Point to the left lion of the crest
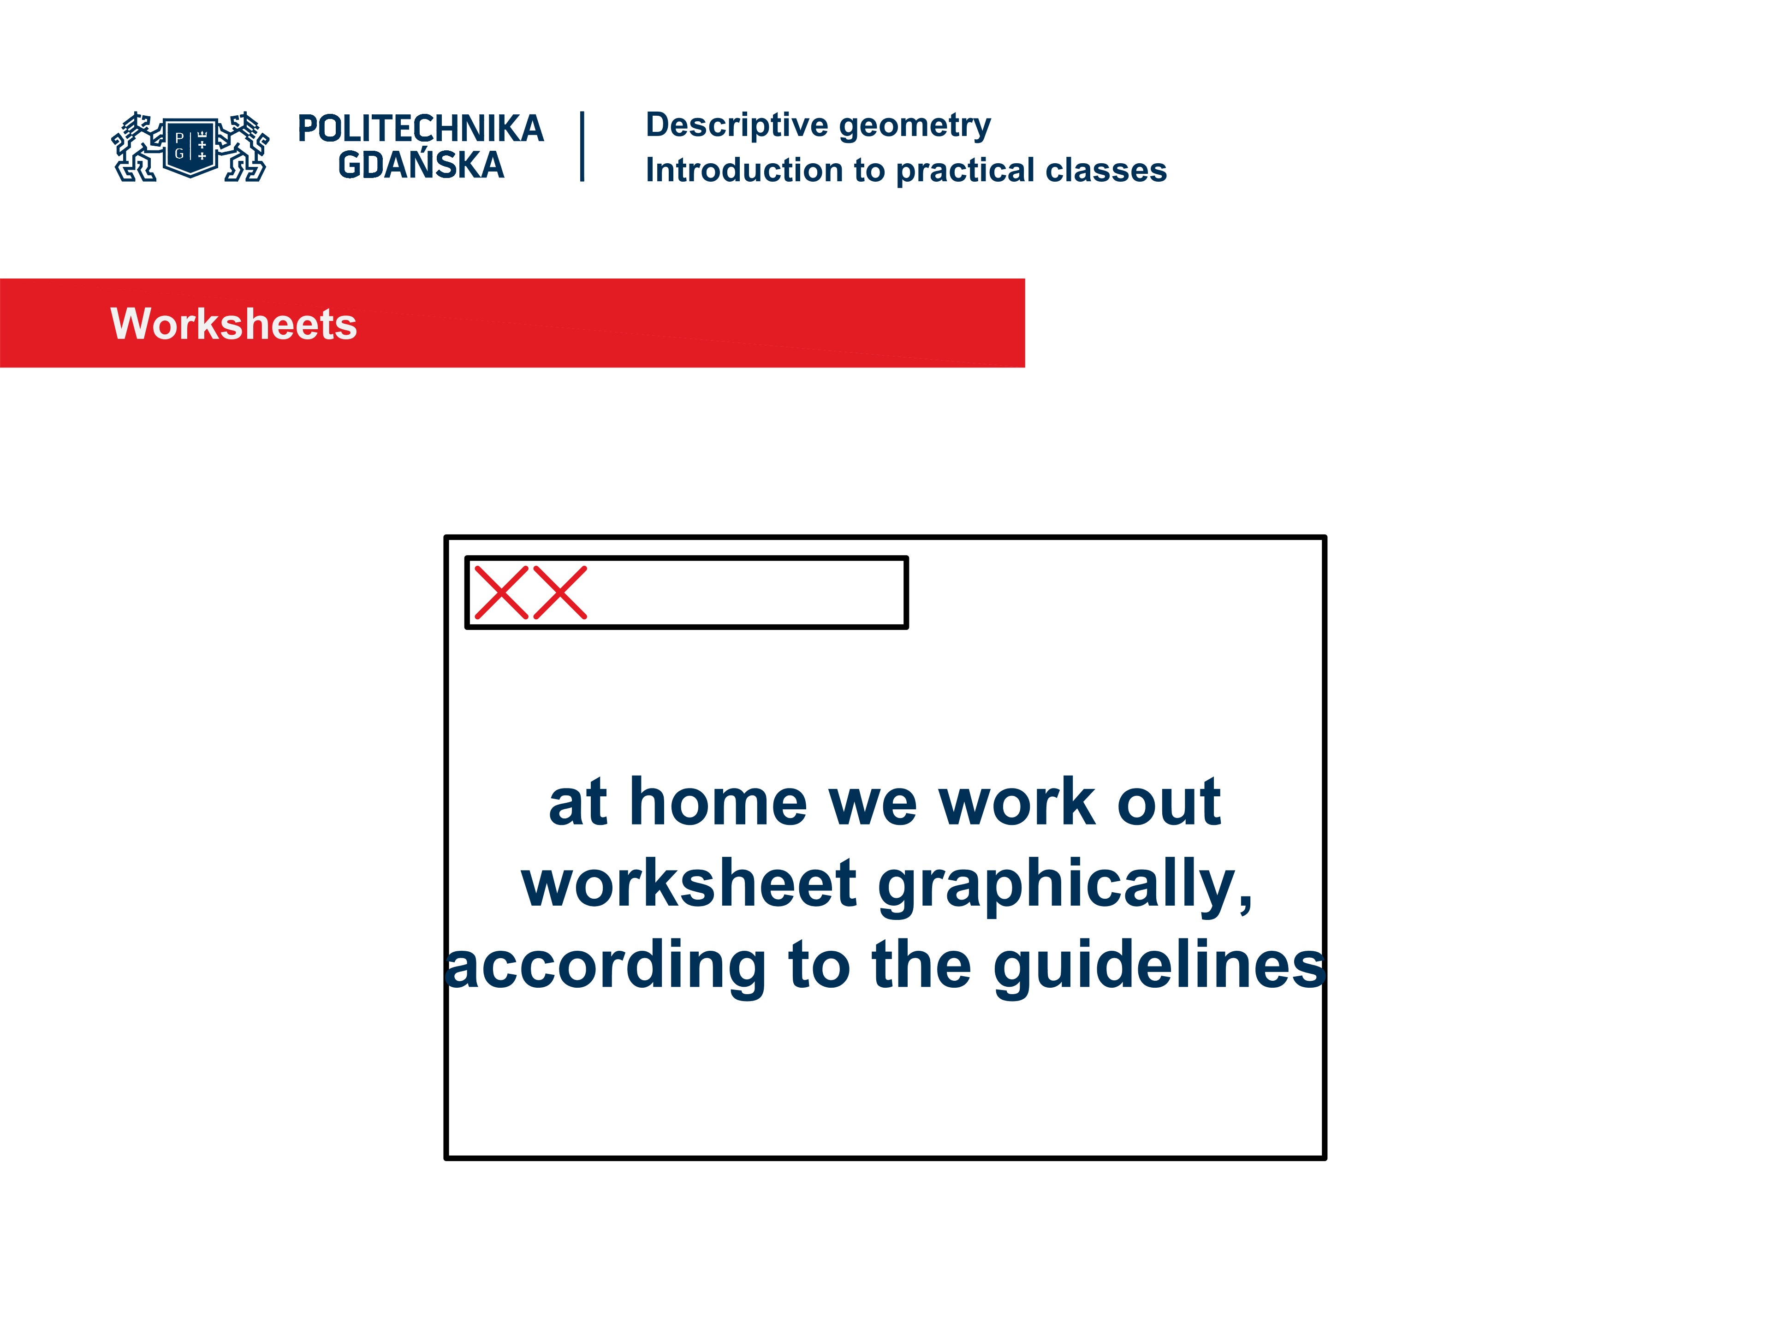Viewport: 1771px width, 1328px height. click(x=135, y=147)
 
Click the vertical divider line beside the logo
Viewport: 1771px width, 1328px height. click(x=582, y=147)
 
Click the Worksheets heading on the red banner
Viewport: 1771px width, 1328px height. click(x=233, y=324)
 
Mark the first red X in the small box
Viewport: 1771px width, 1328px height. click(x=501, y=593)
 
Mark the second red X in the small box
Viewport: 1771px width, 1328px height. click(x=559, y=593)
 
